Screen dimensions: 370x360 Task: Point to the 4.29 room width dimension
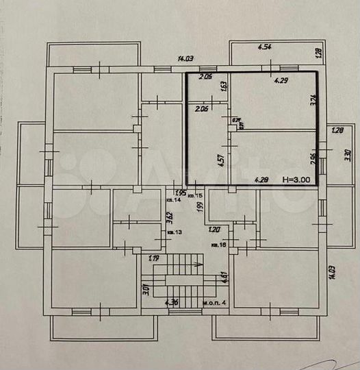pos(281,82)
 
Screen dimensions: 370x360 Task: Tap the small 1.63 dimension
pos(222,86)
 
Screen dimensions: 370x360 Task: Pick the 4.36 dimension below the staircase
pos(171,299)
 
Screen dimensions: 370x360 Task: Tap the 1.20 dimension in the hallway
pos(214,230)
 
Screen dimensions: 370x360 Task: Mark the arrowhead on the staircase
pos(198,262)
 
